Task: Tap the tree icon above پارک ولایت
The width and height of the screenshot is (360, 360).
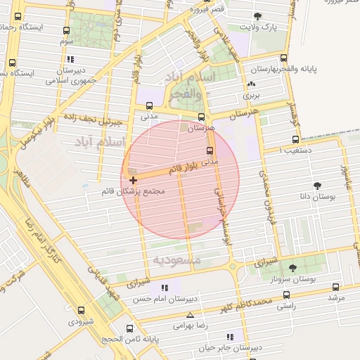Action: pos(257,15)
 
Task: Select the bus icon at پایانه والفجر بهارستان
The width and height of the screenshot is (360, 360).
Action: pos(284,58)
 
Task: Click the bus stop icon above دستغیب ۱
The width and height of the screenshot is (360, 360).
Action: pos(295,139)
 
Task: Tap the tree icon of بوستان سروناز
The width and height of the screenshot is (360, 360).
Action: pos(292,267)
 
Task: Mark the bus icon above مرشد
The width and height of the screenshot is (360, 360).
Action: pos(335,287)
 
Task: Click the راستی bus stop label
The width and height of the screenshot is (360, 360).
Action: pos(285,306)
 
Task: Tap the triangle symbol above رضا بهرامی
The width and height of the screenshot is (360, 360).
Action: pos(189,315)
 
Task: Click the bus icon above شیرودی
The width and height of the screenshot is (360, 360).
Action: pos(81,309)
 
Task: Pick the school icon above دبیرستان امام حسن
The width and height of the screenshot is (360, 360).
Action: pos(165,288)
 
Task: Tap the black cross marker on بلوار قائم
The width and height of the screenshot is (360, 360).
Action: pos(133,181)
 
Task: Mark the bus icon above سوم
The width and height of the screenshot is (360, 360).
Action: pos(66,31)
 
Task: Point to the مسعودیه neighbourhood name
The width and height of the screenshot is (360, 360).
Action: pos(176,260)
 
